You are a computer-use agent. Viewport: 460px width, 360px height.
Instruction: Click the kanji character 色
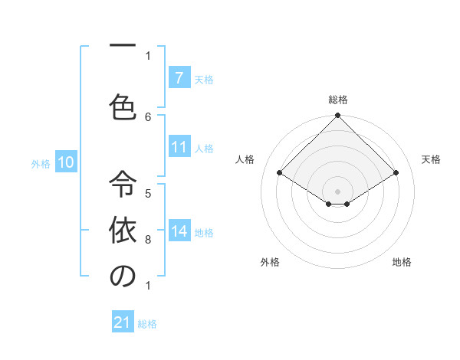(x=123, y=106)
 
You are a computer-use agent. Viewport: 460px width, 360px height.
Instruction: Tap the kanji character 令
(x=123, y=185)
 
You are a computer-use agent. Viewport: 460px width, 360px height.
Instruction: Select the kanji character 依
(x=123, y=231)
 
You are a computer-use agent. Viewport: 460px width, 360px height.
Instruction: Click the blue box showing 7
(x=179, y=78)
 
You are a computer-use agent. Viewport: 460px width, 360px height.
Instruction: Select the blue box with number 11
(x=179, y=148)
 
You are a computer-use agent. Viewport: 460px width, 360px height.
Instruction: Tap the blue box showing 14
(x=179, y=232)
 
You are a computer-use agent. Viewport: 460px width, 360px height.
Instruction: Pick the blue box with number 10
(x=66, y=162)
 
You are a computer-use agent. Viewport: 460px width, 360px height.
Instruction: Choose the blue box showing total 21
(x=123, y=323)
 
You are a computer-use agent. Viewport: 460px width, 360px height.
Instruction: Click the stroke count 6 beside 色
(x=148, y=116)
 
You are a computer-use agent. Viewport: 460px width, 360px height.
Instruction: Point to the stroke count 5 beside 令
(x=148, y=193)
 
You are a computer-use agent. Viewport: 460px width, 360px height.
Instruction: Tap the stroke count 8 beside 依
(x=148, y=240)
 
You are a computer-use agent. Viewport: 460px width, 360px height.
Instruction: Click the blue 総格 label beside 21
(x=147, y=324)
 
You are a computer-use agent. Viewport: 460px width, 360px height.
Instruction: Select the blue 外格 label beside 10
(x=41, y=163)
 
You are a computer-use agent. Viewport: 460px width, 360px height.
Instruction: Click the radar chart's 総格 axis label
(x=337, y=100)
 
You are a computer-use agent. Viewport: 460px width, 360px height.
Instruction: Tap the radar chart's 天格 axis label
(x=431, y=159)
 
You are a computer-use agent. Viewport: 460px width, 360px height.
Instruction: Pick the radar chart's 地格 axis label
(x=402, y=262)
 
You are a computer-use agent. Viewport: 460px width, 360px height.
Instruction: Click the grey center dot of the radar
(x=337, y=191)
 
